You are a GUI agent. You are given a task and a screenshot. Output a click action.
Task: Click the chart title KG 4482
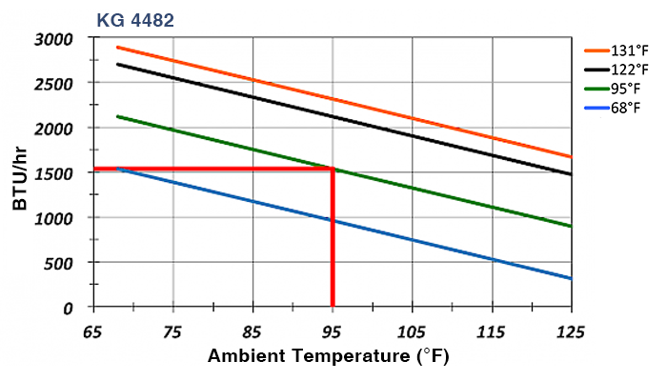point(134,19)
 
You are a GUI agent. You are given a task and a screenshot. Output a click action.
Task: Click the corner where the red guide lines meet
point(332,169)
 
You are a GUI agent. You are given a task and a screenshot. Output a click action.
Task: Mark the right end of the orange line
point(571,156)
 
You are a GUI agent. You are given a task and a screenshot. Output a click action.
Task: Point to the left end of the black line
point(116,64)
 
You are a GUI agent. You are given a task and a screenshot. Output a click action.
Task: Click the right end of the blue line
point(571,278)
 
